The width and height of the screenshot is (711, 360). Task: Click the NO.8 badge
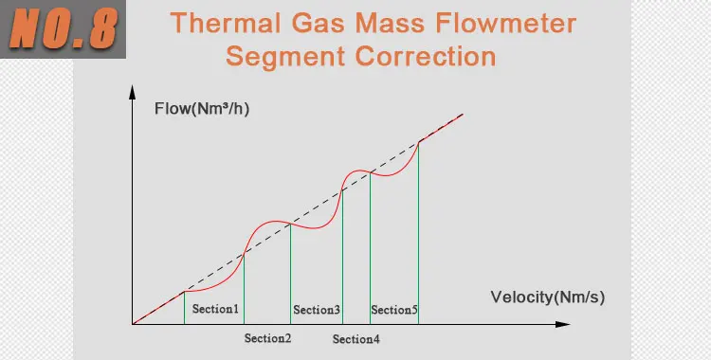pyautogui.click(x=63, y=29)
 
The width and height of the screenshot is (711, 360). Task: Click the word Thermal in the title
pyautogui.click(x=227, y=23)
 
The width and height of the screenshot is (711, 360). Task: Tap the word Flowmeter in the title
pyautogui.click(x=505, y=23)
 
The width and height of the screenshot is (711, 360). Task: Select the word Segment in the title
pyautogui.click(x=285, y=57)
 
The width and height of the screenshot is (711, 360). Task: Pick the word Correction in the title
pyautogui.click(x=426, y=57)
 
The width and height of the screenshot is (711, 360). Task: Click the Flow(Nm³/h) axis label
pyautogui.click(x=202, y=109)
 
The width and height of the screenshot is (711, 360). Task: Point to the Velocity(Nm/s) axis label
pyautogui.click(x=548, y=297)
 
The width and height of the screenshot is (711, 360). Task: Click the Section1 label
pyautogui.click(x=215, y=309)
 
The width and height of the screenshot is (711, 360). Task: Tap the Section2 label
pyautogui.click(x=267, y=338)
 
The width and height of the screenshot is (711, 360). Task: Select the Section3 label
pyautogui.click(x=317, y=310)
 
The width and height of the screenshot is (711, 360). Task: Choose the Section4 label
pyautogui.click(x=355, y=339)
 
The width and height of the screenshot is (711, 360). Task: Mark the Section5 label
pyautogui.click(x=394, y=310)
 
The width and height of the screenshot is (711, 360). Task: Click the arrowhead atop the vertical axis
pyautogui.click(x=133, y=92)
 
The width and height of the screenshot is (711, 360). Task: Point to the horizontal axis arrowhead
pyautogui.click(x=562, y=324)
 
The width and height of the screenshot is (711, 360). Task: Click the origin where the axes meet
pyautogui.click(x=133, y=324)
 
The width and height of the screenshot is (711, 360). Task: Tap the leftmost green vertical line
pyautogui.click(x=184, y=308)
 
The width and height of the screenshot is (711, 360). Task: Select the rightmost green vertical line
pyautogui.click(x=418, y=233)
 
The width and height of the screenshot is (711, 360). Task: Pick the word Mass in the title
pyautogui.click(x=390, y=23)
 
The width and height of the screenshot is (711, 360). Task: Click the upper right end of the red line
pyautogui.click(x=463, y=115)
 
